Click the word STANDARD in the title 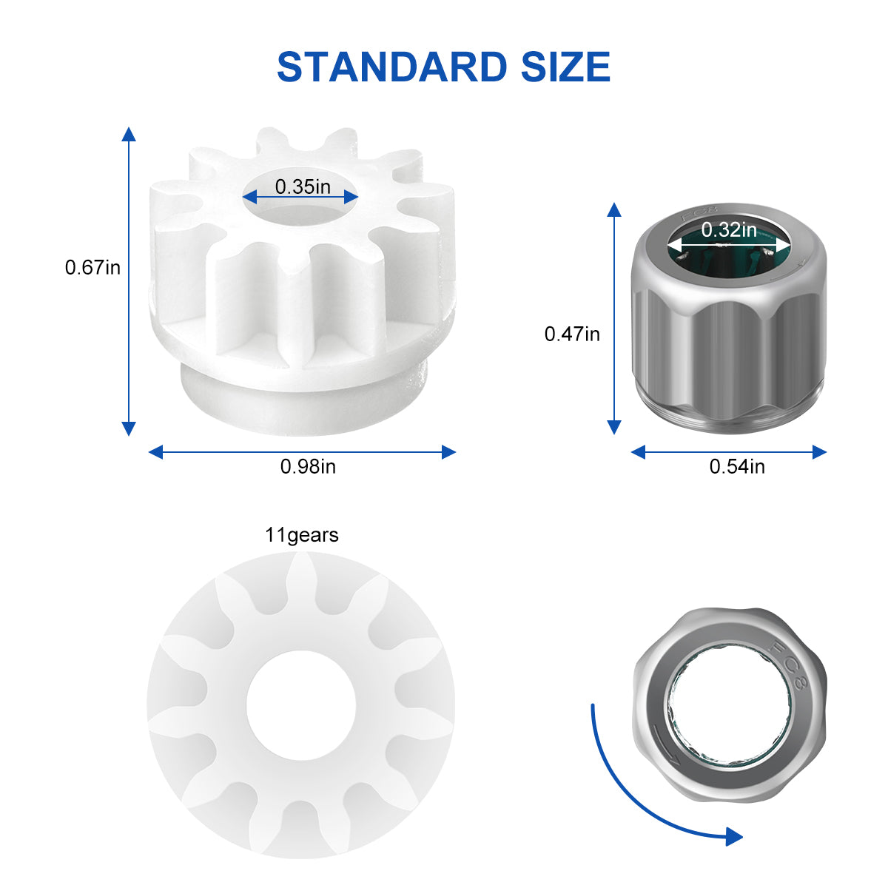tap(392, 67)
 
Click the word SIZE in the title tap(566, 67)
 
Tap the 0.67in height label tap(92, 267)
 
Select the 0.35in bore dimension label tap(303, 186)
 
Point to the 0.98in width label tap(308, 466)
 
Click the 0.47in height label tap(572, 334)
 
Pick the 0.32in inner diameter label tap(729, 229)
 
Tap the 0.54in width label tap(737, 466)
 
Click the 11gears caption tap(301, 535)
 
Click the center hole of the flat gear tap(301, 705)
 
